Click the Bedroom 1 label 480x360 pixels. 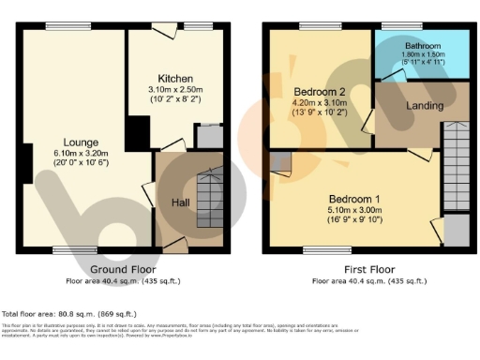[353, 200]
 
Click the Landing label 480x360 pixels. [425, 106]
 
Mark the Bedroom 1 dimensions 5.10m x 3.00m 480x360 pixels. [353, 211]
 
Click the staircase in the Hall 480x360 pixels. [211, 197]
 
